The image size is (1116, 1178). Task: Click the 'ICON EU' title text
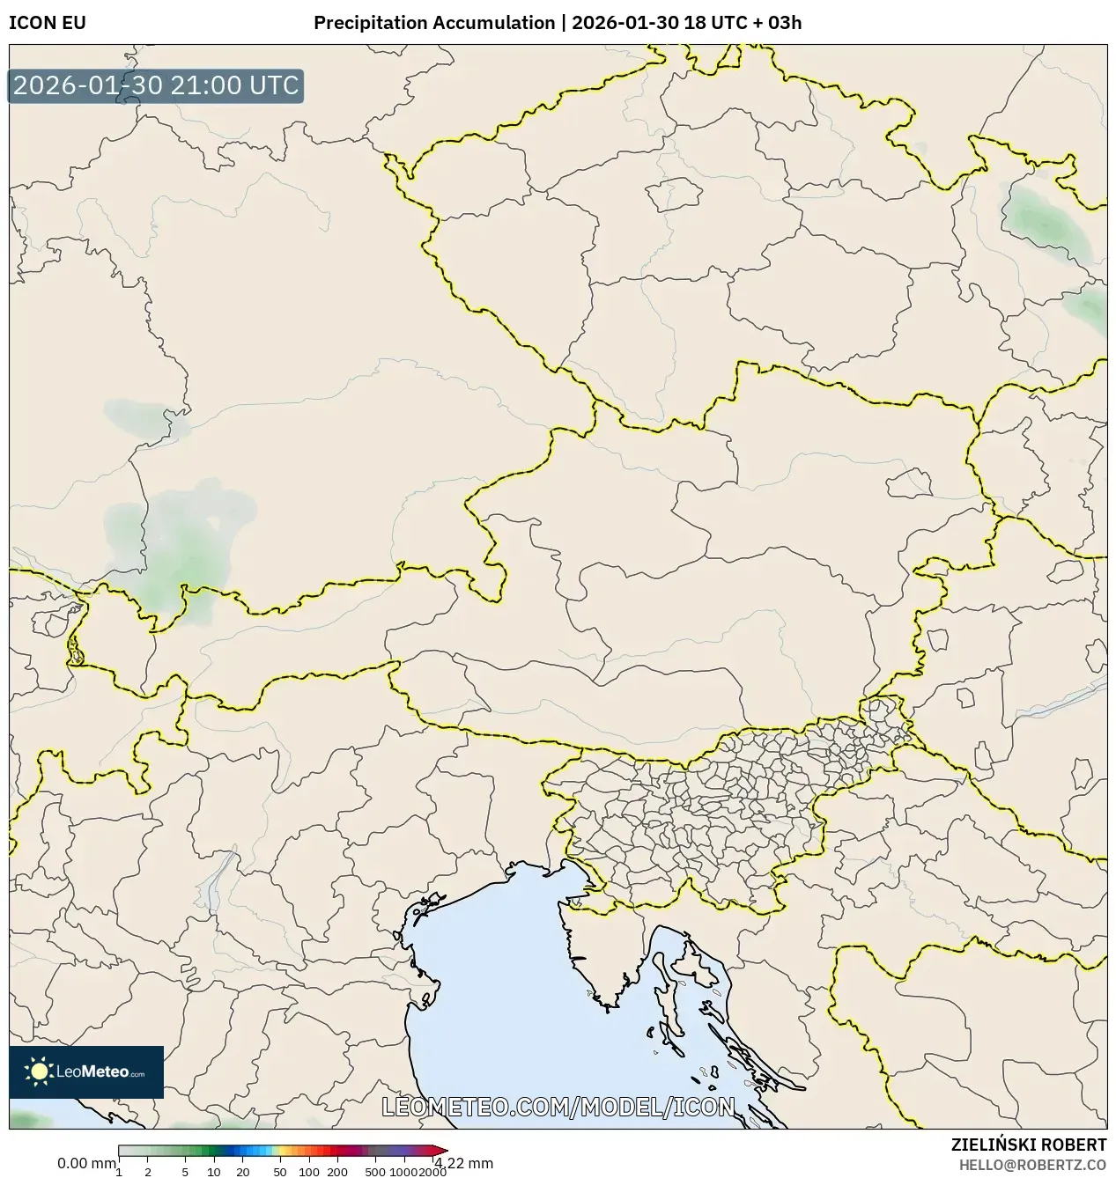click(x=48, y=23)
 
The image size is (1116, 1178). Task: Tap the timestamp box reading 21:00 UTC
click(x=156, y=86)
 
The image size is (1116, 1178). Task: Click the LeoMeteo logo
click(x=86, y=1071)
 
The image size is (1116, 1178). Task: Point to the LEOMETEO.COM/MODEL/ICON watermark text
click(x=558, y=1107)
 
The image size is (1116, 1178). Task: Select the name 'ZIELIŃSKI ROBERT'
click(x=1028, y=1145)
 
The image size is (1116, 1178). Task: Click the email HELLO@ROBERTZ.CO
click(x=1031, y=1164)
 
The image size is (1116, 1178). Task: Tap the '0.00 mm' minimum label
click(x=85, y=1163)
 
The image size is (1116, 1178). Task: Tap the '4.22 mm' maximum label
click(x=464, y=1163)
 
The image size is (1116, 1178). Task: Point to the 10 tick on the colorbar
click(x=213, y=1171)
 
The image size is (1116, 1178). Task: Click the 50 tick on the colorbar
click(x=280, y=1171)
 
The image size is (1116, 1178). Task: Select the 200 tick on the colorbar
click(x=337, y=1171)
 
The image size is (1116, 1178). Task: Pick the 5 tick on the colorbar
click(x=185, y=1171)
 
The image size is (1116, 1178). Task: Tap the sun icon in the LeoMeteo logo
click(x=39, y=1071)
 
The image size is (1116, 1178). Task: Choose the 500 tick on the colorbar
click(x=375, y=1171)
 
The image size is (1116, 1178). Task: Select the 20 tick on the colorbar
click(x=242, y=1171)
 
